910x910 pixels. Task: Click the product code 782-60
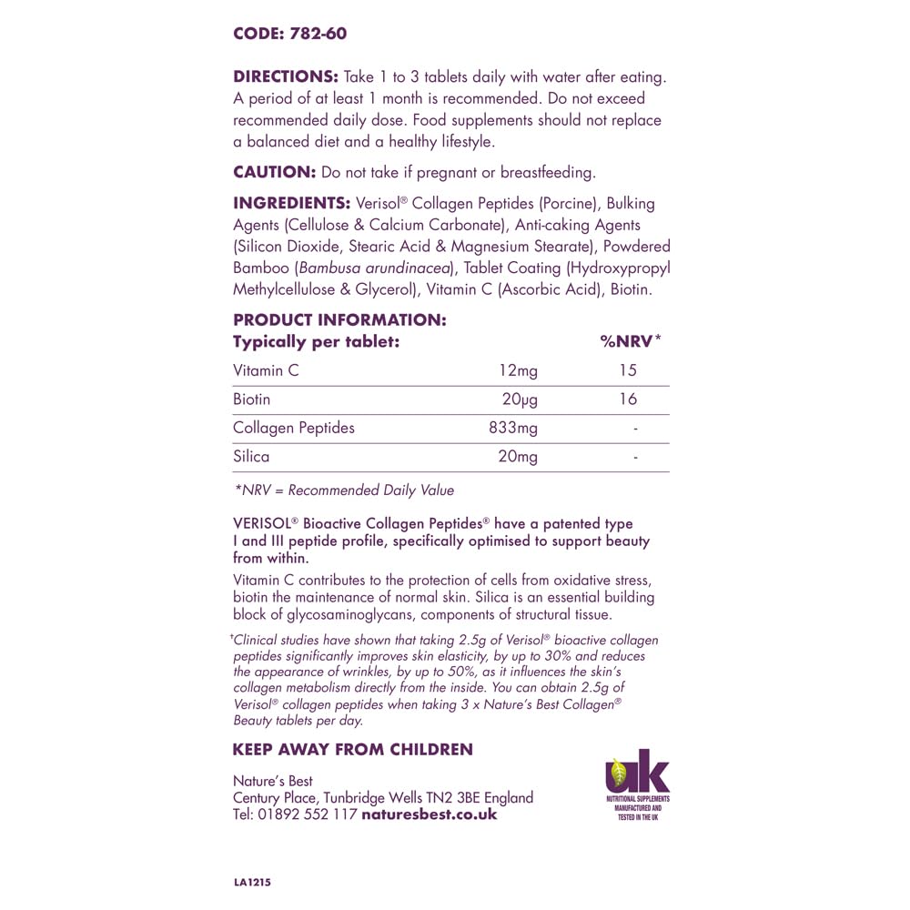(x=316, y=35)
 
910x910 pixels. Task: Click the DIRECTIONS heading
(x=286, y=76)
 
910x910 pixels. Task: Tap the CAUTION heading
(x=274, y=171)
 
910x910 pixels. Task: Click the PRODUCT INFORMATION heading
(x=339, y=319)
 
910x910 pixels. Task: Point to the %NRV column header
(x=630, y=341)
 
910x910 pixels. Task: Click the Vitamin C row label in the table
(x=266, y=370)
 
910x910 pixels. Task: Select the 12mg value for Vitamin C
(x=518, y=370)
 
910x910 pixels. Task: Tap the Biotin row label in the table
(x=251, y=399)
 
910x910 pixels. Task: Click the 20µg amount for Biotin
(x=520, y=399)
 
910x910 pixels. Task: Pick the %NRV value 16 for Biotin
(x=627, y=399)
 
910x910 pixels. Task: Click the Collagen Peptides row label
(x=294, y=427)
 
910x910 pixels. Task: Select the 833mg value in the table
(x=514, y=427)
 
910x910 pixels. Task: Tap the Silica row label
(x=251, y=456)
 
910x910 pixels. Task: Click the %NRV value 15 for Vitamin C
(x=627, y=370)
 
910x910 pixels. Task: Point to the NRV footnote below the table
(x=344, y=490)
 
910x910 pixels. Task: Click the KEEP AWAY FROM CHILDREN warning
(x=352, y=750)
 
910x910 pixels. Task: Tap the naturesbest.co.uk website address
(x=430, y=814)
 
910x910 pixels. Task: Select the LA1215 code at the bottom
(x=252, y=883)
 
